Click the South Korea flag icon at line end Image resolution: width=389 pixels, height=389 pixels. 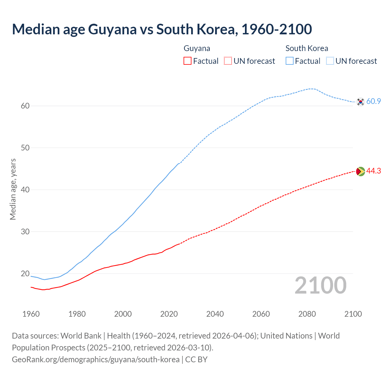pyautogui.click(x=360, y=102)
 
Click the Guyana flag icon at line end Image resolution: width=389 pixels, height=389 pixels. pyautogui.click(x=360, y=171)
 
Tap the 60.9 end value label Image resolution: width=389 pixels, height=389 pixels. pyautogui.click(x=374, y=101)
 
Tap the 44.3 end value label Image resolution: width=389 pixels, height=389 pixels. pyautogui.click(x=374, y=171)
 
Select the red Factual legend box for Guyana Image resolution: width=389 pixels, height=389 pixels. pyautogui.click(x=188, y=61)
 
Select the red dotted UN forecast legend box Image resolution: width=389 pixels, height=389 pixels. pyautogui.click(x=228, y=61)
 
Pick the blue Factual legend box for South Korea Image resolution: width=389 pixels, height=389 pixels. pyautogui.click(x=290, y=61)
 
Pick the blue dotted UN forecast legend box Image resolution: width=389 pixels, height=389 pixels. pyautogui.click(x=330, y=61)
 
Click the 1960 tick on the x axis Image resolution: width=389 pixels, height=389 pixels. pyautogui.click(x=31, y=314)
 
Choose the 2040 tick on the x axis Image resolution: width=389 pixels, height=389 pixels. pyautogui.click(x=215, y=314)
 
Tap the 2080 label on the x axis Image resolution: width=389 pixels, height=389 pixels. pyautogui.click(x=307, y=314)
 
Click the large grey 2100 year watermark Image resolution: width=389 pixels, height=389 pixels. pyautogui.click(x=321, y=285)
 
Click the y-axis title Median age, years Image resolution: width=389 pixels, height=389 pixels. pyautogui.click(x=13, y=189)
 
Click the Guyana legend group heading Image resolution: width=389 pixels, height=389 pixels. pyautogui.click(x=197, y=48)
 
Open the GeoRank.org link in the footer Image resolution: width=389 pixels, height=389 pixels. pyautogui.click(x=96, y=360)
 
